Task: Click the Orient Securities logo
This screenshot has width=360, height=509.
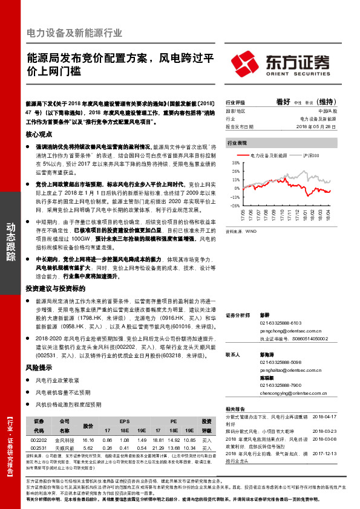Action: [x=282, y=63]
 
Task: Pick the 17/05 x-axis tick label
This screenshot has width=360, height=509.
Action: [x=243, y=215]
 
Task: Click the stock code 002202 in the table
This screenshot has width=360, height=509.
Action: [x=38, y=441]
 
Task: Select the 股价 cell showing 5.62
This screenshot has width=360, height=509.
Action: [x=88, y=449]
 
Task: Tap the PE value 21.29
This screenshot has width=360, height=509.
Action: [x=159, y=449]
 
